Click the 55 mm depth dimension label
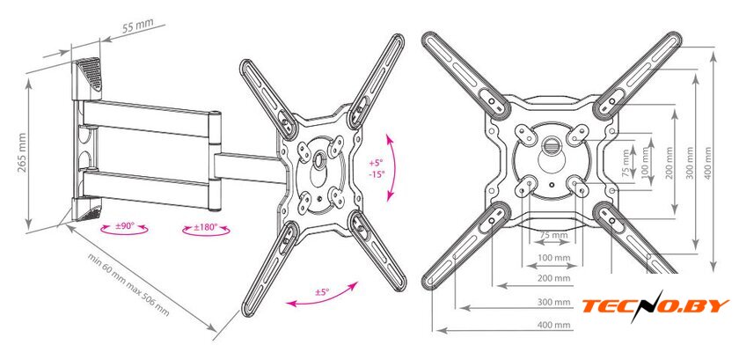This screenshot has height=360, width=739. tap(135, 27)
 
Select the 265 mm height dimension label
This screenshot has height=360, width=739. tap(22, 152)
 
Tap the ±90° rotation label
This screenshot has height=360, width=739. tap(125, 226)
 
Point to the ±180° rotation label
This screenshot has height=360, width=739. tap(206, 227)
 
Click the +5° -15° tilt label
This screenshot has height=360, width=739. tap(377, 168)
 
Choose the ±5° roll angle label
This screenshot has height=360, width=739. tap(321, 292)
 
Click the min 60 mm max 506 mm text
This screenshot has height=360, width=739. tap(128, 284)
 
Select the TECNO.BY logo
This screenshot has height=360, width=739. tap(655, 305)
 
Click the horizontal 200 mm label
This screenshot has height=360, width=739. tap(553, 278)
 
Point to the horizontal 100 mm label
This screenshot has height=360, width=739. tap(553, 258)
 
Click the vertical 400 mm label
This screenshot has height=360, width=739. tap(708, 163)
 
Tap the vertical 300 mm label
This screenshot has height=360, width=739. tap(690, 163)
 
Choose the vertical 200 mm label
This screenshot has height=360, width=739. tap(669, 163)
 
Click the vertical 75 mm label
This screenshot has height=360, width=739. tap(626, 163)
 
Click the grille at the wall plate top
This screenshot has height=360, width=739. tap(91, 73)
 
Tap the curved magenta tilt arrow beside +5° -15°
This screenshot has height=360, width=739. tap(391, 167)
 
